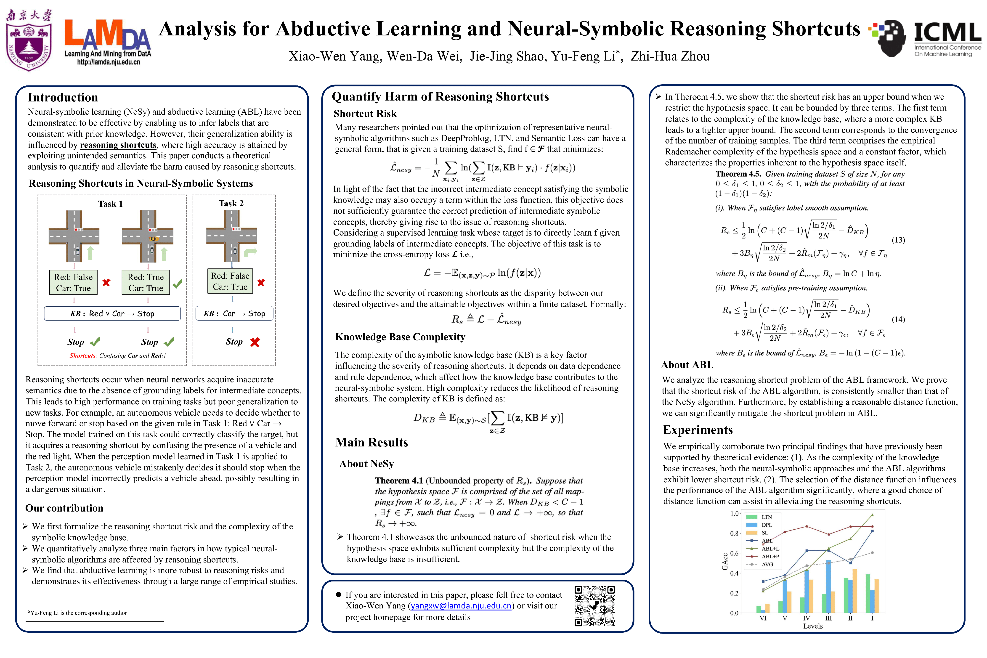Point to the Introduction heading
[x=63, y=97]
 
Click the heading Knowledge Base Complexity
[x=400, y=337]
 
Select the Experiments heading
[x=698, y=430]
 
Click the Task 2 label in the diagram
[x=231, y=204]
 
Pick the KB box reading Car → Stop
[x=234, y=313]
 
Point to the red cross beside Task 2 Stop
[x=255, y=342]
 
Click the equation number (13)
[x=898, y=240]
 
